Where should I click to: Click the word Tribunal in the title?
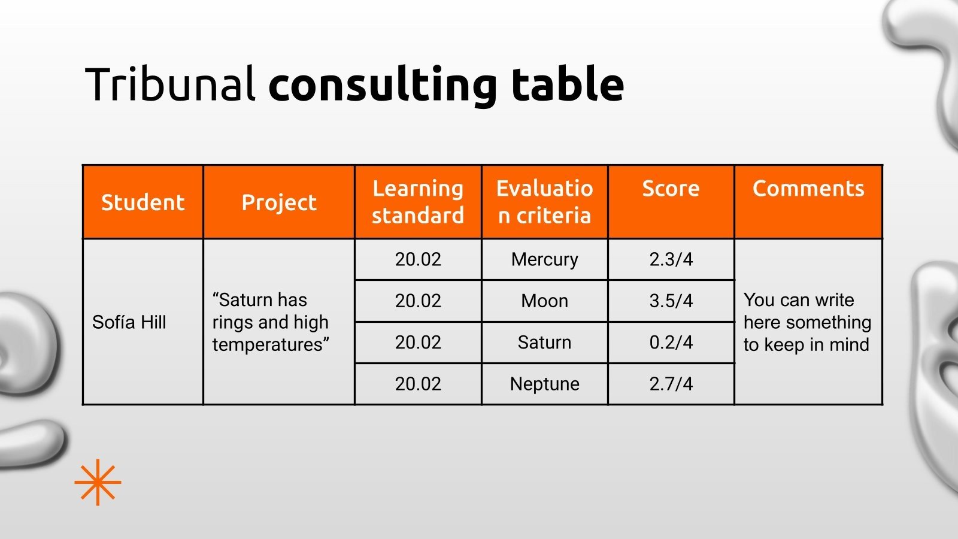[171, 84]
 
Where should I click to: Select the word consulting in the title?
[382, 85]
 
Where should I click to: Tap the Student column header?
[143, 202]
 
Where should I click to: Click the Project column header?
[279, 202]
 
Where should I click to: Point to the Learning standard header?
[418, 202]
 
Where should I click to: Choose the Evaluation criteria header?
[544, 202]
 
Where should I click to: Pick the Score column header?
[671, 189]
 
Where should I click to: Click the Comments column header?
[808, 189]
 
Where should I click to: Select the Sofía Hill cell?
[129, 322]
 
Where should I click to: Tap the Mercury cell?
[544, 259]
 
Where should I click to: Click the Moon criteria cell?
[544, 301]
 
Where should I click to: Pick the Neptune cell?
[544, 384]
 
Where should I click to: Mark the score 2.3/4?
[671, 259]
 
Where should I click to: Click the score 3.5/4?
[671, 301]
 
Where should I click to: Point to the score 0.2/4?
[671, 342]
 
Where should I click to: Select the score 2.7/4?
[671, 384]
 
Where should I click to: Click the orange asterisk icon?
[98, 482]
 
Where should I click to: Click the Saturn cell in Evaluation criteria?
[544, 342]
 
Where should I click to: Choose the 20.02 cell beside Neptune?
[418, 384]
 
